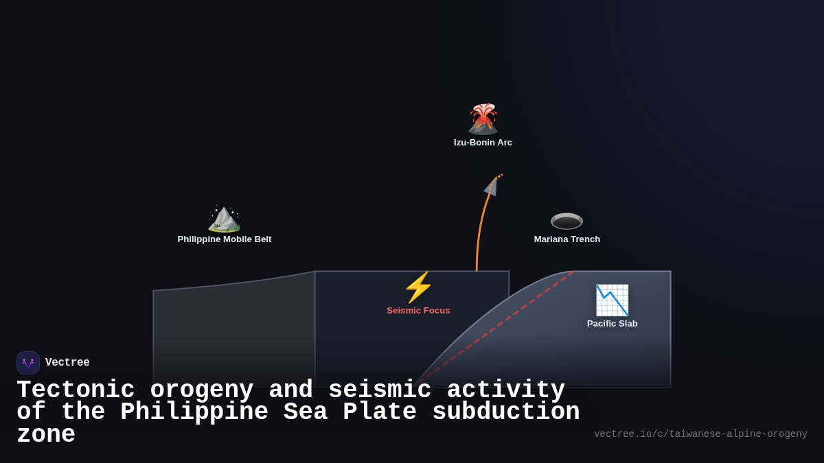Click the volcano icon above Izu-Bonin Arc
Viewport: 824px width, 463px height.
[x=483, y=119]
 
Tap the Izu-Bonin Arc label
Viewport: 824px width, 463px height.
[x=483, y=143]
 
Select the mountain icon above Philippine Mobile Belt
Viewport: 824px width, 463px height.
[x=224, y=218]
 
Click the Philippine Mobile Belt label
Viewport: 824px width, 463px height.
[x=224, y=239]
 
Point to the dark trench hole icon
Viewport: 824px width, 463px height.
[x=566, y=221]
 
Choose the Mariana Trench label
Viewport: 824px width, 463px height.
[x=566, y=239]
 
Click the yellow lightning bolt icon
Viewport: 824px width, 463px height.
[x=418, y=287]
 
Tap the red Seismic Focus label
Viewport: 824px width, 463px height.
[x=418, y=311]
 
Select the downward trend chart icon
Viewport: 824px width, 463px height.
[x=612, y=300]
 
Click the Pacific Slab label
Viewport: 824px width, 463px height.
[x=612, y=324]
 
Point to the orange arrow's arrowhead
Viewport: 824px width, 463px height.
[x=492, y=186]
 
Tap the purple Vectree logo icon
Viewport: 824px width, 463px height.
[x=28, y=363]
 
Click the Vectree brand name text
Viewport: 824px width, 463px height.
[x=67, y=363]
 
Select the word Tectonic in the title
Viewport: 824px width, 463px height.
[x=76, y=390]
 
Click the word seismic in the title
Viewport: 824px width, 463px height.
[x=380, y=390]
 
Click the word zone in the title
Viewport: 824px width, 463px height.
[x=45, y=435]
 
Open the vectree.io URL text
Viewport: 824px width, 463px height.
[x=700, y=434]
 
